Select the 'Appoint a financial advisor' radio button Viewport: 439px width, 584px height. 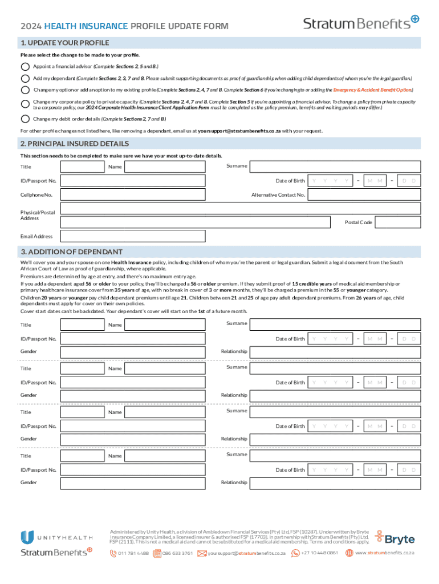tap(25, 66)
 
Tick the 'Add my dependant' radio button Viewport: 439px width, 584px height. tap(25, 78)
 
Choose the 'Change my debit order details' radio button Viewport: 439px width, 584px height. tap(25, 119)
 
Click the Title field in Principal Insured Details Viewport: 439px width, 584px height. tap(82, 167)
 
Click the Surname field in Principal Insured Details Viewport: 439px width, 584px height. tap(335, 166)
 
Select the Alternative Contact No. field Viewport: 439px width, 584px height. tap(364, 195)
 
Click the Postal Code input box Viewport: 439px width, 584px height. tap(398, 222)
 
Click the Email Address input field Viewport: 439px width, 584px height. tap(241, 236)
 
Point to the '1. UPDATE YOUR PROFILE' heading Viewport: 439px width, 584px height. tap(64, 43)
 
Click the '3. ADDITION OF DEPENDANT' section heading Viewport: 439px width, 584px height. tap(71, 252)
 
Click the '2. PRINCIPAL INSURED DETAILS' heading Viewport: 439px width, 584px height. tap(74, 144)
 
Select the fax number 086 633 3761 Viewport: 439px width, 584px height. tap(177, 553)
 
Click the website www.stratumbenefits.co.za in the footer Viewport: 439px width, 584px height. tap(384, 553)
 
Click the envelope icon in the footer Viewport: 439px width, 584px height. tap(202, 553)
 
